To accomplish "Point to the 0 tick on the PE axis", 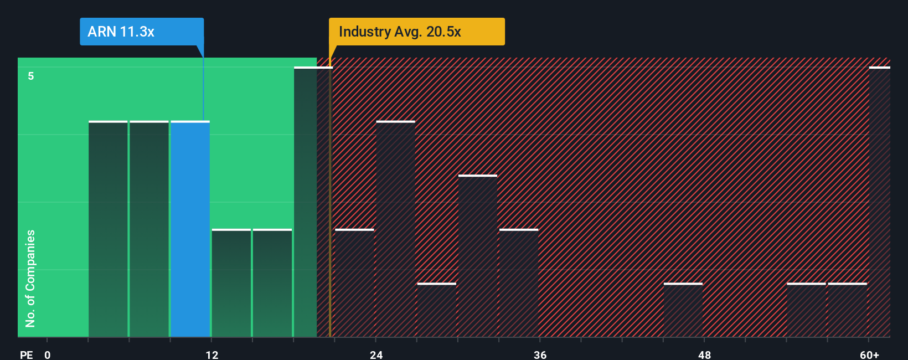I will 48,355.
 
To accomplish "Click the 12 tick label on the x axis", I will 212,355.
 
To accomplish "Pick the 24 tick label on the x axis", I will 376,355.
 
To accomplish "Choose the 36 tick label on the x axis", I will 540,355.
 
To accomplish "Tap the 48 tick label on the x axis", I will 704,355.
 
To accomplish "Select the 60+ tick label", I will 869,355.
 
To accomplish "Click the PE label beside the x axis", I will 26,355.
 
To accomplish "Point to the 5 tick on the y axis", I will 31,76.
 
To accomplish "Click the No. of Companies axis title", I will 30,278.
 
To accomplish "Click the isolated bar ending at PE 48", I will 683,310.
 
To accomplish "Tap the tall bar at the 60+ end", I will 879,202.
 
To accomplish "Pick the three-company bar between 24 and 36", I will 478,256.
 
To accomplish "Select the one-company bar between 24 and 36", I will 437,310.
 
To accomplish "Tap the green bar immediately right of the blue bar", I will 231,283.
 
